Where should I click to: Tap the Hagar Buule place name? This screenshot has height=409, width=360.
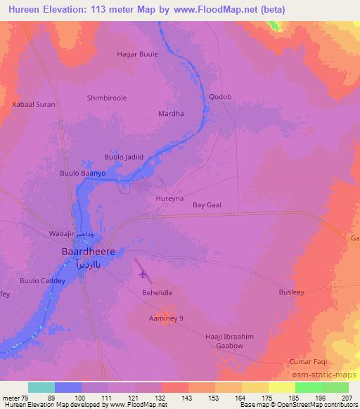point(137,54)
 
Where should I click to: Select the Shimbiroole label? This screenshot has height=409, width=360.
point(106,98)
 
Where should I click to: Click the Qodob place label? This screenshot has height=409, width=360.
point(219,98)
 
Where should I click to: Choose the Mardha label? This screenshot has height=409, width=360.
point(171,113)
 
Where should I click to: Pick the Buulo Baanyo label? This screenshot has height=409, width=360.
point(82,172)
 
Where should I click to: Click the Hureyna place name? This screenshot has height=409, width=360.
point(169,199)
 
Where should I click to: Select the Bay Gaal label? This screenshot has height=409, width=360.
point(207,204)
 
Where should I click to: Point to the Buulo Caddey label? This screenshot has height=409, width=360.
point(42,281)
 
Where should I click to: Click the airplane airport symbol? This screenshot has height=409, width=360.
point(144,273)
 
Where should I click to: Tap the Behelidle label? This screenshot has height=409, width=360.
point(157,291)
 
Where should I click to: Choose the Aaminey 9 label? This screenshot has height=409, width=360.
point(165,319)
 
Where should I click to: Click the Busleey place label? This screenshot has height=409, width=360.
point(291,291)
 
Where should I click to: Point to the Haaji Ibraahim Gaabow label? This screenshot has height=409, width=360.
point(227,342)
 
